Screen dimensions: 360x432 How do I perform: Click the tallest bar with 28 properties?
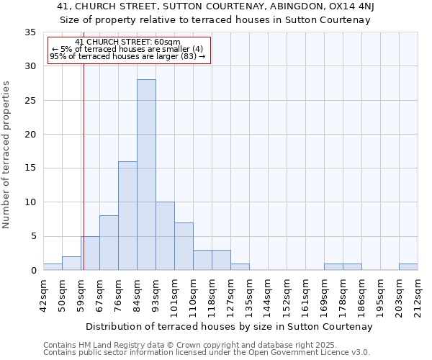pos(146,175)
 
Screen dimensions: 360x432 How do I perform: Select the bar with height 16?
pos(127,216)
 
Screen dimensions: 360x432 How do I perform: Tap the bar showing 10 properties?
pos(165,236)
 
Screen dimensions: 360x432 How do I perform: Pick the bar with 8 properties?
pos(109,243)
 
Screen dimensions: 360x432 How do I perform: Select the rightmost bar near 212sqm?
pos(408,267)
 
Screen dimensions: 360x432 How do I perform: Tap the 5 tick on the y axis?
pos(32,236)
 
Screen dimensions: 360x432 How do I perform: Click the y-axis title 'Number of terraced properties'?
pos(6,155)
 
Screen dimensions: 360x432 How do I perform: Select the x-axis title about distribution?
pos(228,326)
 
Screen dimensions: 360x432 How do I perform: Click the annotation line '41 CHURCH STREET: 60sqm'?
pos(127,42)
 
